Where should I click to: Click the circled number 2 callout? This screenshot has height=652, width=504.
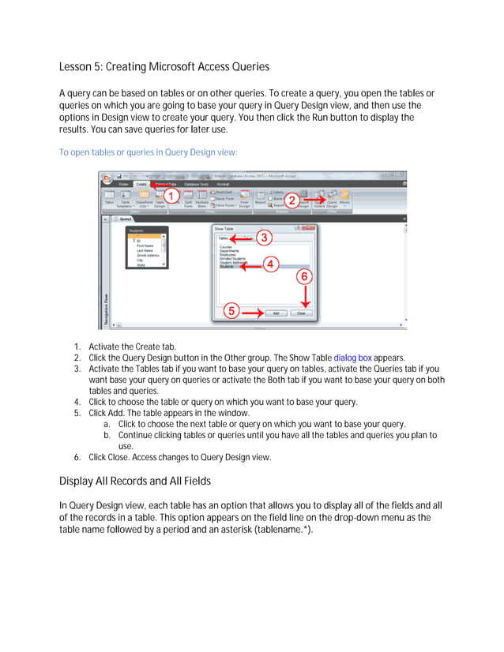point(291,200)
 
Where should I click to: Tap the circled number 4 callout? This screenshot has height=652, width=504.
point(270,265)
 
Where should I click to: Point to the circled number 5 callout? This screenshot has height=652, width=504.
point(231,311)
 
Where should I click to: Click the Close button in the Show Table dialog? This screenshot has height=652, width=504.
point(300,313)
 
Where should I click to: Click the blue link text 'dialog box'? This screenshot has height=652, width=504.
point(352,357)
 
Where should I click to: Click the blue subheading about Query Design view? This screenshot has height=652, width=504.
point(148,152)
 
